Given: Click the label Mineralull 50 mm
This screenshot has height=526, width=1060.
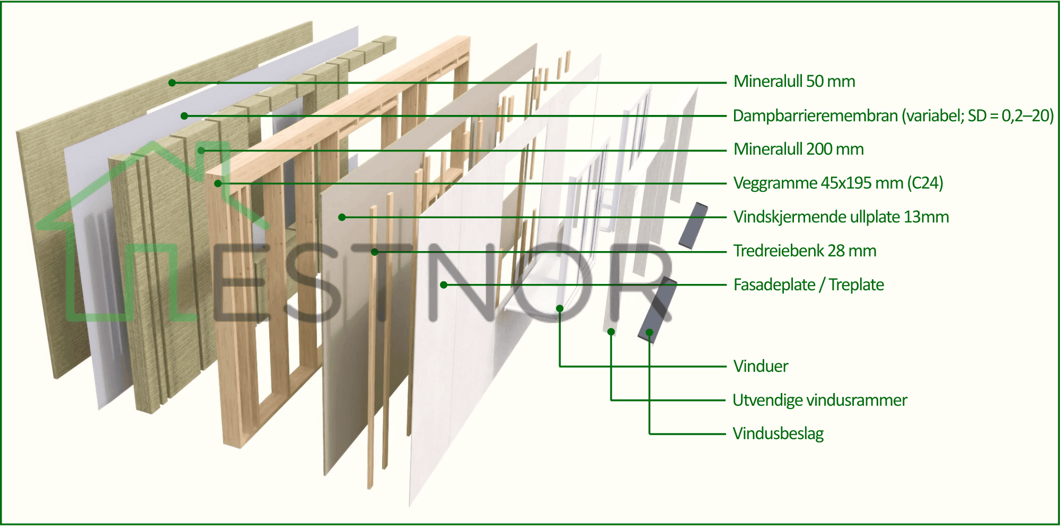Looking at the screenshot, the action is (794, 82).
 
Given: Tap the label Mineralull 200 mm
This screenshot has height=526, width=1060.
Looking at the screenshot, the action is (798, 149).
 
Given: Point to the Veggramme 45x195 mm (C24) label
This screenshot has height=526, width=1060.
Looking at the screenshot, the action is (838, 183).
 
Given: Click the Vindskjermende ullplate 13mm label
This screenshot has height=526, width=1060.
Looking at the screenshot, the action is (841, 217).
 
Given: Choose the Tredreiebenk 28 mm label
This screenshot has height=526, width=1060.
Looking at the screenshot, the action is (805, 251).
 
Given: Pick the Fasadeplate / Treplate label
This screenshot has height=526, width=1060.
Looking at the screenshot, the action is (808, 285).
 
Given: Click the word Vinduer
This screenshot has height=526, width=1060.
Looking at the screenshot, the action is (761, 366).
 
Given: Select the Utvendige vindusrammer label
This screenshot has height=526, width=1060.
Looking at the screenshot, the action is (819, 400).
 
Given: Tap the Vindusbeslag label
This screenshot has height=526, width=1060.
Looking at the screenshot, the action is (778, 434).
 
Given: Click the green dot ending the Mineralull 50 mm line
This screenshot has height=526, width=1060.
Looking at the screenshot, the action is (172, 83).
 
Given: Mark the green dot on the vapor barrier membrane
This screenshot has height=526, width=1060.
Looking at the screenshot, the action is (184, 116).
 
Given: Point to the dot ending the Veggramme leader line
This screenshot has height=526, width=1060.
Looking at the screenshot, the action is (218, 184).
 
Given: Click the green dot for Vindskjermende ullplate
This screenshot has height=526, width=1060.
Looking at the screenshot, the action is (342, 217).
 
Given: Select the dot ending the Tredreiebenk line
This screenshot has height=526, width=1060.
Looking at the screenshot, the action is (375, 252).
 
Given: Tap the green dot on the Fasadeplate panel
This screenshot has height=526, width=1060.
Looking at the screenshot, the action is (444, 285).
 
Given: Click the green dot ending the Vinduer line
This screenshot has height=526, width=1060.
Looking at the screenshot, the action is (560, 308).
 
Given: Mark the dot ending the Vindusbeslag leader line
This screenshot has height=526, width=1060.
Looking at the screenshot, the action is (649, 332).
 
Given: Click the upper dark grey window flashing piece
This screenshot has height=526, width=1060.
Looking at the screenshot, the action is (693, 226).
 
